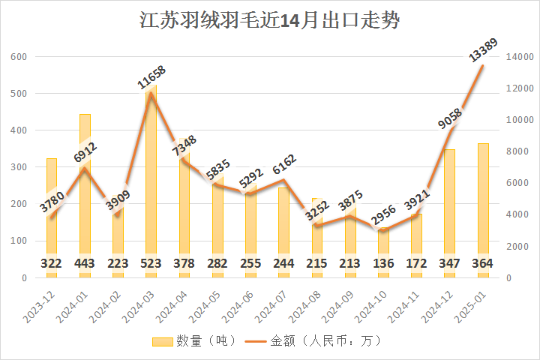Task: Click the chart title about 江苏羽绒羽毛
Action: tap(270, 20)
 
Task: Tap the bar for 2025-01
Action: tap(483, 210)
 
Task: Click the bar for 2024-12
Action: tap(450, 214)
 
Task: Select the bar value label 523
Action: tap(151, 264)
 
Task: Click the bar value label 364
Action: tap(483, 264)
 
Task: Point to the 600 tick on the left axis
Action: tap(19, 57)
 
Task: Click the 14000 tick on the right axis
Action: tap(519, 57)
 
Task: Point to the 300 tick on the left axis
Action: tap(19, 167)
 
